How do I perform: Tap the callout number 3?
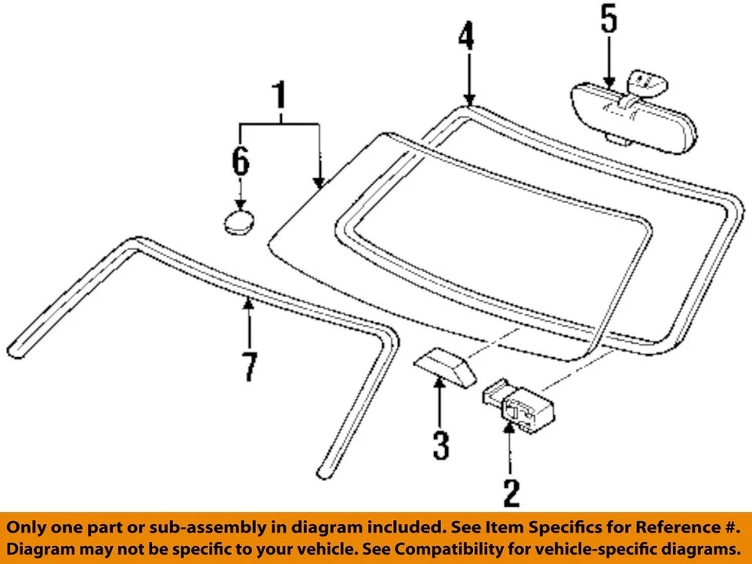pos(441,444)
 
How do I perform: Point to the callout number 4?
pos(467,38)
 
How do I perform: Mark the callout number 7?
pos(249,367)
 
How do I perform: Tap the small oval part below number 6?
pos(239,222)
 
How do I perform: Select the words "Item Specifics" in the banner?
pos(569,526)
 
